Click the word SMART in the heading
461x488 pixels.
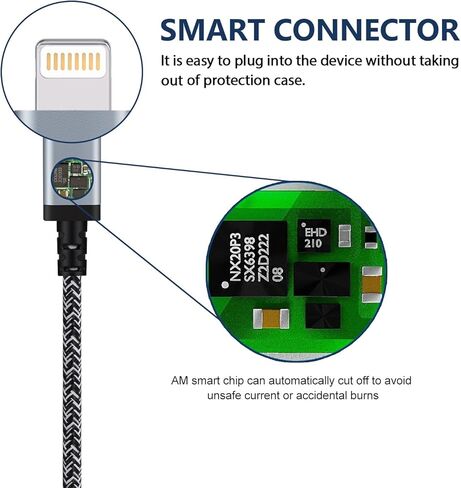click(x=213, y=30)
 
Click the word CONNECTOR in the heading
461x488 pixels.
click(x=366, y=30)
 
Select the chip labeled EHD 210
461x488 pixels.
click(x=314, y=237)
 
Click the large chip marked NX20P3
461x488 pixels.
click(x=250, y=258)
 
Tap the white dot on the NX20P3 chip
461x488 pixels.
click(x=225, y=285)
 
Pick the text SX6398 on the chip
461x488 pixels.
click(x=250, y=258)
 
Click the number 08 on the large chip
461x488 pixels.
click(x=278, y=273)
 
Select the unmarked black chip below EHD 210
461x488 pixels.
click(x=322, y=279)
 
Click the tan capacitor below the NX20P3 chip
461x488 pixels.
click(x=271, y=319)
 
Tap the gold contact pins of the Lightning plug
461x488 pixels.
click(x=73, y=62)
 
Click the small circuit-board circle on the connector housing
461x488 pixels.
click(x=72, y=179)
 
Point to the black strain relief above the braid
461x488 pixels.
click(x=72, y=248)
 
